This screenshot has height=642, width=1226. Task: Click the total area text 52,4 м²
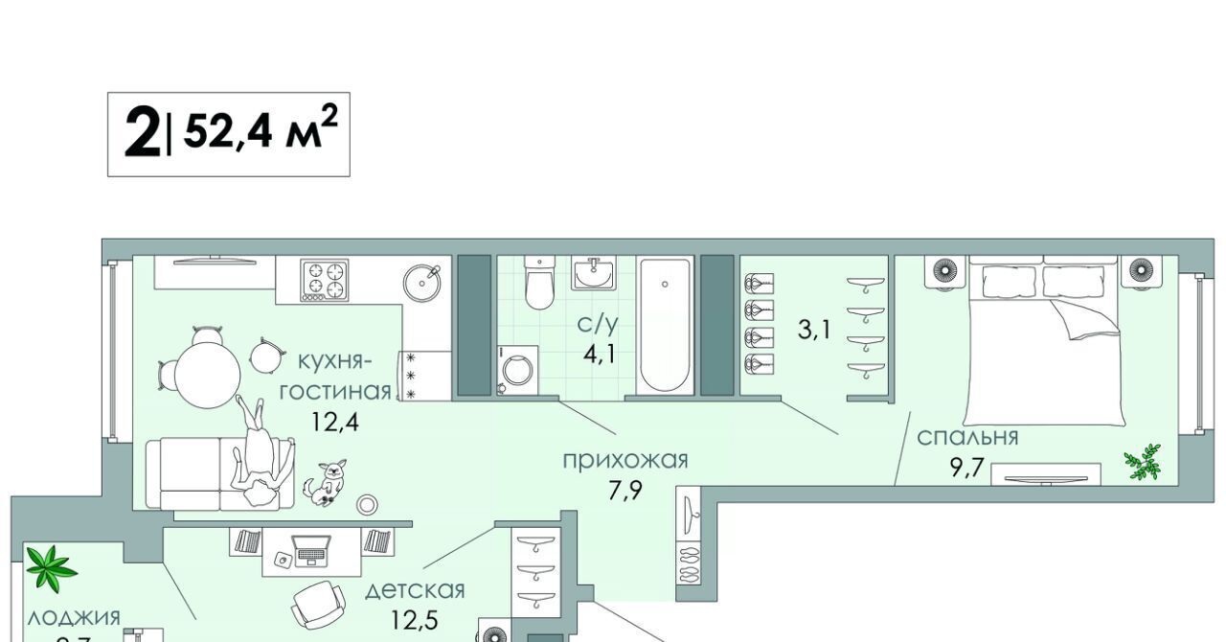[260, 132]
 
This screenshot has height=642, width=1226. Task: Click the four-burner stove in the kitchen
[324, 280]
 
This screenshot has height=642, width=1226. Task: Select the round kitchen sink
[421, 280]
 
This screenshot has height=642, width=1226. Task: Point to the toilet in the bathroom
[540, 284]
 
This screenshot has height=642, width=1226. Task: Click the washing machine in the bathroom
[517, 370]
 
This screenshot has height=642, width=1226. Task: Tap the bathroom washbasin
[595, 272]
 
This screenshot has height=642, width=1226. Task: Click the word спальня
[967, 438]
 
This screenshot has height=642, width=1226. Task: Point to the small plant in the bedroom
[1144, 462]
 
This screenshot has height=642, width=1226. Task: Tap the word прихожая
[624, 460]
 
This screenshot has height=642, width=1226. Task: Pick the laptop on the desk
[311, 549]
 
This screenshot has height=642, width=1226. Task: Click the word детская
[415, 589]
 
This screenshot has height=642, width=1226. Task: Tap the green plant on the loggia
[51, 568]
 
